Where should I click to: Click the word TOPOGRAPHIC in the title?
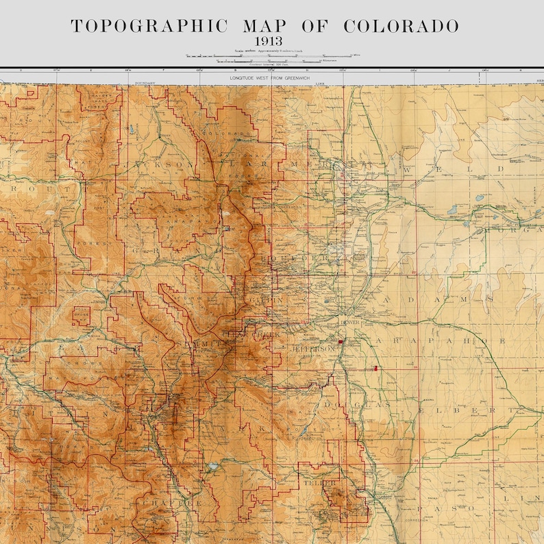point(149,27)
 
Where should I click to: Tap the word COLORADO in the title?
point(401,27)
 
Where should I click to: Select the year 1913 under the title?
point(272,42)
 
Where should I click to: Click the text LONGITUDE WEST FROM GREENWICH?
point(272,79)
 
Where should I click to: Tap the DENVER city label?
point(349,321)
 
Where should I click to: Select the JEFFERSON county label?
point(313,349)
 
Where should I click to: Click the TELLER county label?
point(319,483)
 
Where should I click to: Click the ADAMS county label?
point(438,299)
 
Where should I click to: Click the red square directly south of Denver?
point(341,341)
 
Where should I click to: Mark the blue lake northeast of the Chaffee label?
point(214,466)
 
